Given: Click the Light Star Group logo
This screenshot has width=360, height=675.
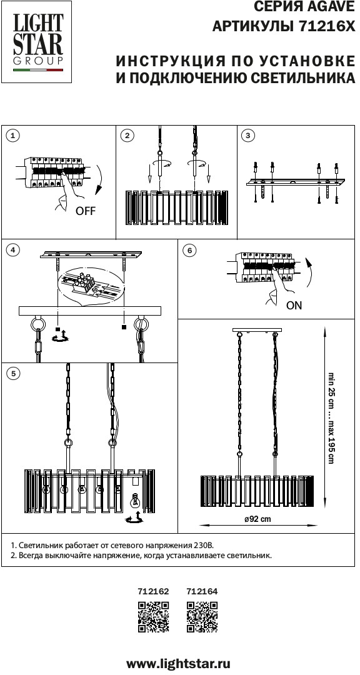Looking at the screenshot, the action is pos(36,42).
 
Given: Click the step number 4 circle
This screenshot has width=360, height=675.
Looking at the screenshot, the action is pos(13,250).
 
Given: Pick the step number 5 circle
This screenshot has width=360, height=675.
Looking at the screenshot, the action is pos(13,374).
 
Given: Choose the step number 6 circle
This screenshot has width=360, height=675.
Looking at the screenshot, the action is pos(189,251).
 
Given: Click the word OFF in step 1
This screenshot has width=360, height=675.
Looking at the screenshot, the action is pos(85,211).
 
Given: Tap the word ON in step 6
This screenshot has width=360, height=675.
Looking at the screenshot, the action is pos(294,306).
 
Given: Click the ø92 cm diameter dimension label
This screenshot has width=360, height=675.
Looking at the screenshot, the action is pos(257,519).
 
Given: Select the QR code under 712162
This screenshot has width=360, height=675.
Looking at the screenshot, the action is pos(153,617).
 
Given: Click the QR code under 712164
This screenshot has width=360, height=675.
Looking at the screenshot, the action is pos(202,617).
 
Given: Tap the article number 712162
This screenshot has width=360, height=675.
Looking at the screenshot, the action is pos(153,592).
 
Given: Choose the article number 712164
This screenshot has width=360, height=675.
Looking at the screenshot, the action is pos(202,592).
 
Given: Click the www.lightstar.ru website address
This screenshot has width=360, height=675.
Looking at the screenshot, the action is pos(178,663).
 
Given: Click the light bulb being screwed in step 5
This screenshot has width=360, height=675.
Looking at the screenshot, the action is pos(135,501).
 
